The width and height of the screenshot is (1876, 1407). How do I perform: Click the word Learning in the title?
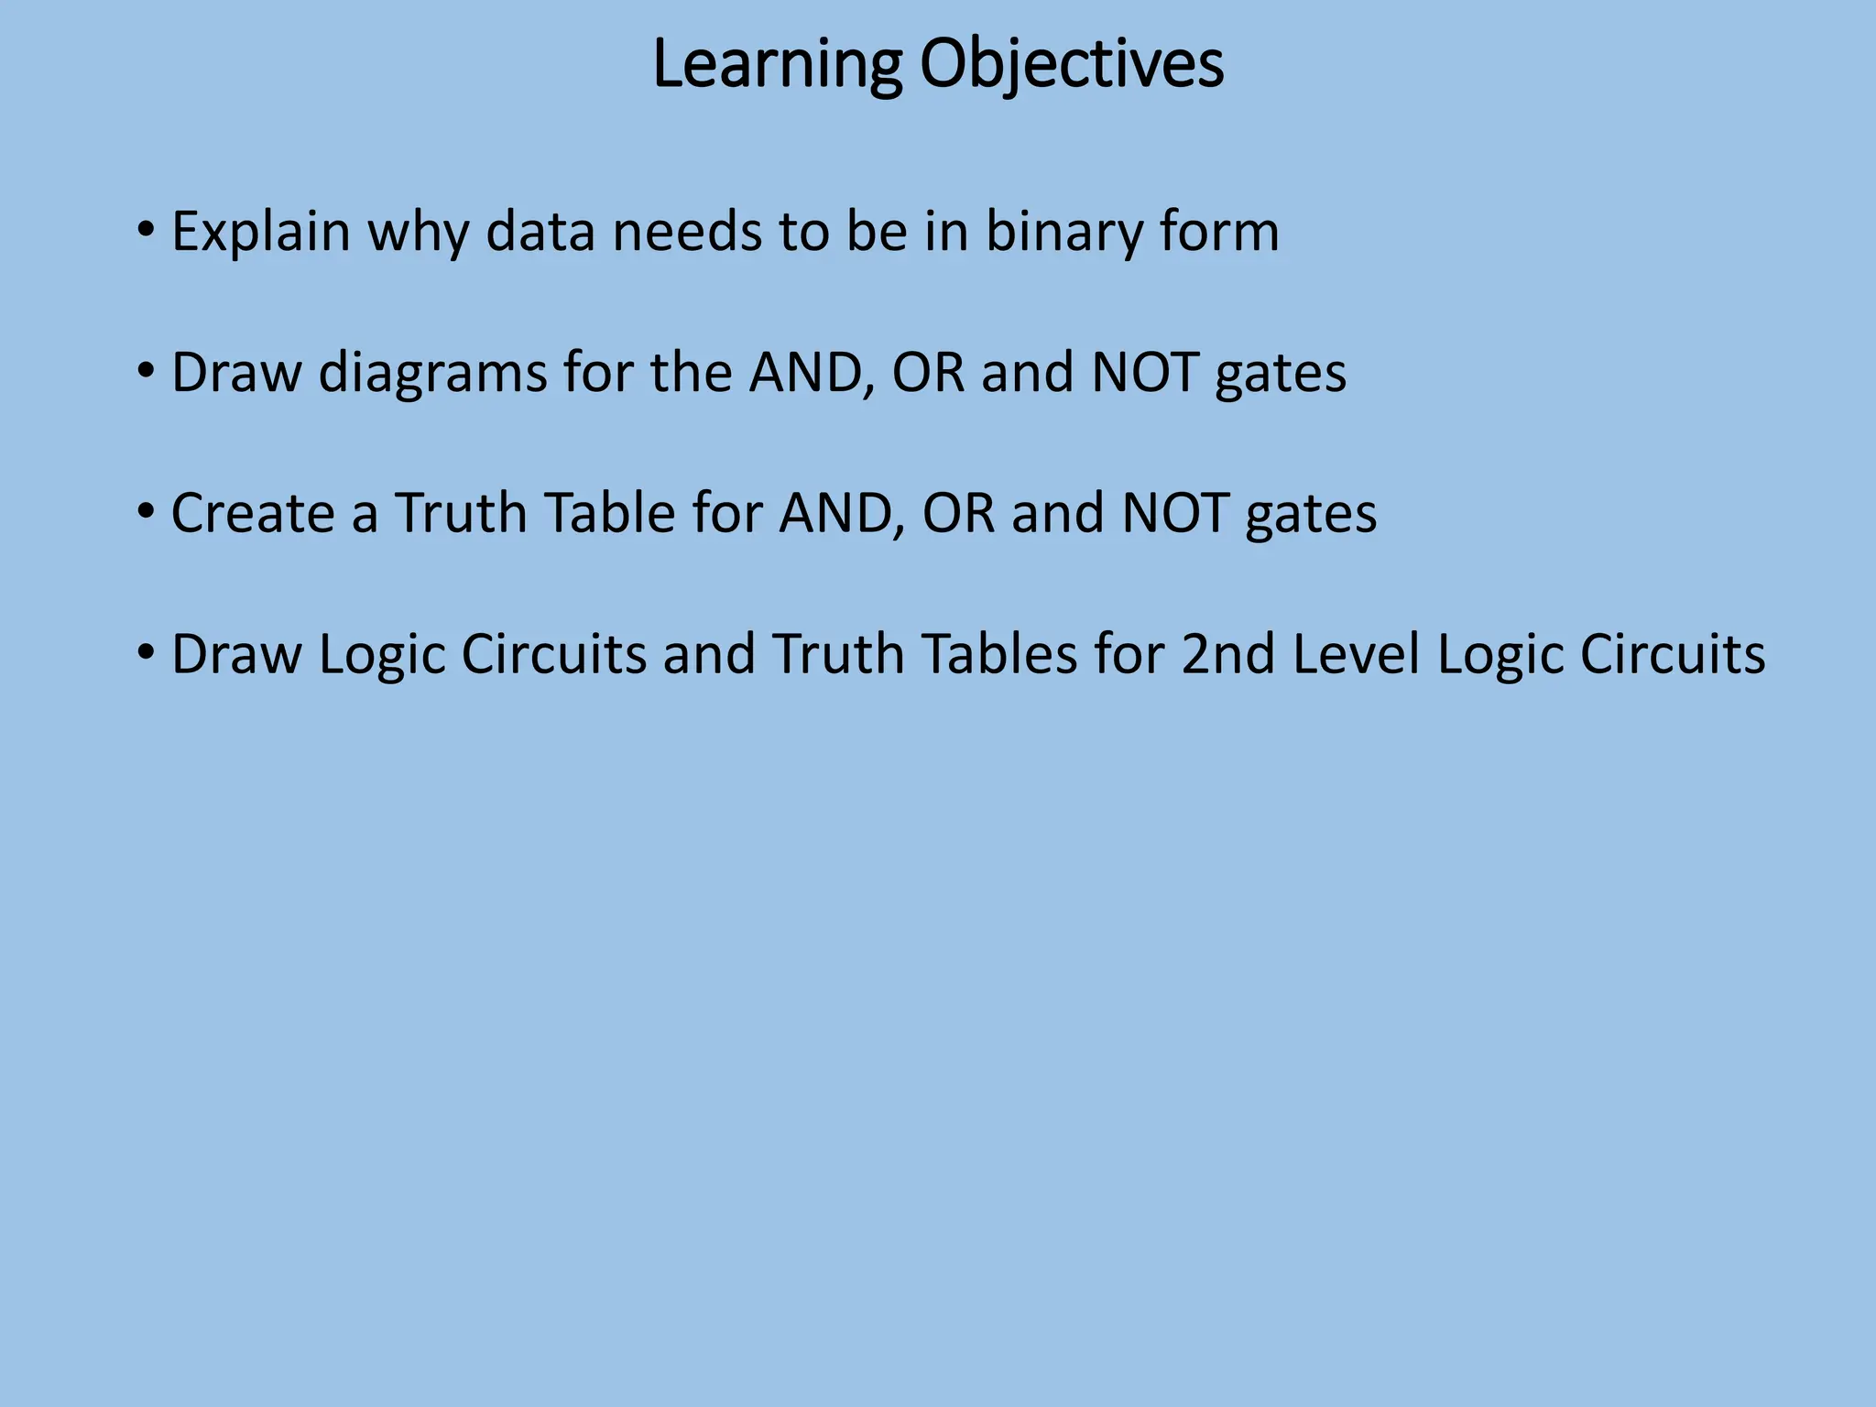(777, 66)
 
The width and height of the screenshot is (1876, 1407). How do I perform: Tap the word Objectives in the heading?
(1072, 66)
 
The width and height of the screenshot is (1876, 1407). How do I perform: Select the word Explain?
(261, 233)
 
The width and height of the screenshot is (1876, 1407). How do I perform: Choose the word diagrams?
(432, 374)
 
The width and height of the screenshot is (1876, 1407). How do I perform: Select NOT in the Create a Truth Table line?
(1175, 513)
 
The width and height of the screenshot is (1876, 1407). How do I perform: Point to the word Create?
(253, 513)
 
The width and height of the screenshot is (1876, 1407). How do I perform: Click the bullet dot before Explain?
(145, 229)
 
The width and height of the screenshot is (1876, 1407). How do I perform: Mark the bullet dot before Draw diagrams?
(145, 370)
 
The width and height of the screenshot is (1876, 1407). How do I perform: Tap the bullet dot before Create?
(145, 511)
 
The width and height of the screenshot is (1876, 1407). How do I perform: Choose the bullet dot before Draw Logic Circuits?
(145, 652)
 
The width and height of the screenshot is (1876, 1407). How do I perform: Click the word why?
(418, 233)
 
